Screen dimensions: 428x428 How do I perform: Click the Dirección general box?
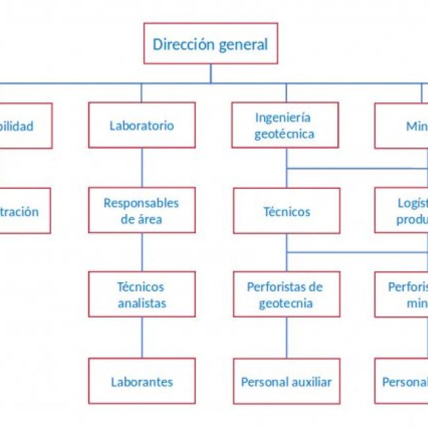pyautogui.click(x=211, y=44)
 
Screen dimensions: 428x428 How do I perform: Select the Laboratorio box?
pyautogui.click(x=142, y=125)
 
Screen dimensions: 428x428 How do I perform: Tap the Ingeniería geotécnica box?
pyautogui.click(x=285, y=125)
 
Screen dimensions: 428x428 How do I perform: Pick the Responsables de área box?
pyautogui.click(x=142, y=211)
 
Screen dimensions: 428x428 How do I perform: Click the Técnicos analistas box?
pyautogui.click(x=142, y=294)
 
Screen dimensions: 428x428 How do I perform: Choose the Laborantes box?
pyautogui.click(x=142, y=381)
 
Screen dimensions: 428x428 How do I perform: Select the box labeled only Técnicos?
pyautogui.click(x=286, y=211)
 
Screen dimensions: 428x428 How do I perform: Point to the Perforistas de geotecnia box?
pyautogui.click(x=286, y=294)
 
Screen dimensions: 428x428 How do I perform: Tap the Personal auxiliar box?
pyautogui.click(x=286, y=381)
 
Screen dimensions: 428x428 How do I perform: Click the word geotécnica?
pyautogui.click(x=285, y=134)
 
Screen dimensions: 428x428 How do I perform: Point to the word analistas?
pyautogui.click(x=142, y=303)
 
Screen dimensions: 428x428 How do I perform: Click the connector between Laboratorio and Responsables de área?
pyautogui.click(x=142, y=167)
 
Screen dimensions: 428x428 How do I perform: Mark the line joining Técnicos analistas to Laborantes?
pyautogui.click(x=142, y=338)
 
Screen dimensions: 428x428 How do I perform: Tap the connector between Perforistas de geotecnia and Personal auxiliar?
pyautogui.click(x=286, y=338)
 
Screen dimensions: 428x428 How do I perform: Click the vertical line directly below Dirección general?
pyautogui.click(x=211, y=73)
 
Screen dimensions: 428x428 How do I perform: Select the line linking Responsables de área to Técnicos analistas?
pyautogui.click(x=142, y=252)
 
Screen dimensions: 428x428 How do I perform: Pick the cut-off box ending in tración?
pyautogui.click(x=25, y=211)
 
